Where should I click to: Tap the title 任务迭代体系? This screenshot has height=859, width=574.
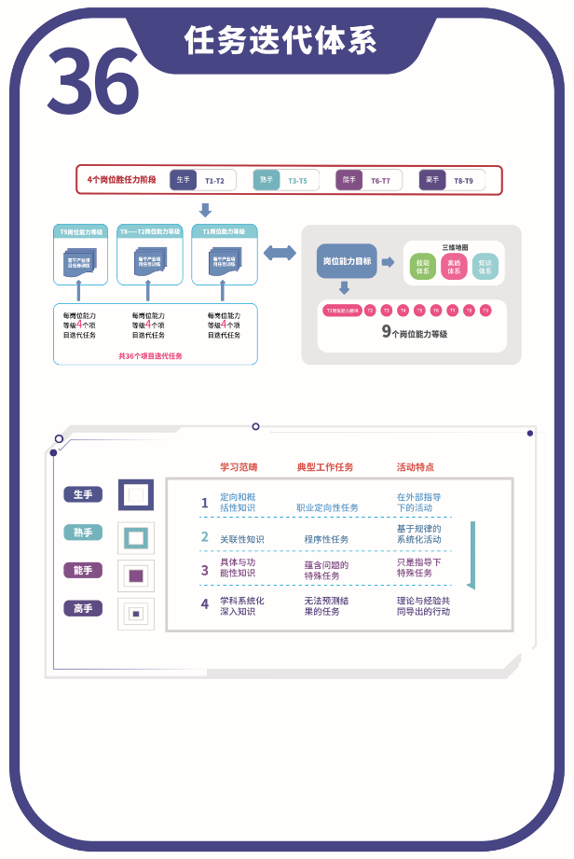coord(280,41)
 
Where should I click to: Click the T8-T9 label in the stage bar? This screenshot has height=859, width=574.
coord(463,180)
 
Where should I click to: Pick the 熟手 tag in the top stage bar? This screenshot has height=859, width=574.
coord(266,180)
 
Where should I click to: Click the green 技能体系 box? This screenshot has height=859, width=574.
coord(423,268)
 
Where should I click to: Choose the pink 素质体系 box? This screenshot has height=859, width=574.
coord(454,268)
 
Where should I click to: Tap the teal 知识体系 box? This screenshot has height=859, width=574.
coord(485,268)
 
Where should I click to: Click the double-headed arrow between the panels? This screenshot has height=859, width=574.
coord(280,252)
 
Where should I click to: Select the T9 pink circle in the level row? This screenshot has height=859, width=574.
coord(485,310)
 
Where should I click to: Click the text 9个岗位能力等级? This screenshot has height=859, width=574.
coord(415,331)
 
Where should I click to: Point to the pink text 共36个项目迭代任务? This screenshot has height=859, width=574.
coord(150,355)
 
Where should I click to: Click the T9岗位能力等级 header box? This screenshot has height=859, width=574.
coord(81,230)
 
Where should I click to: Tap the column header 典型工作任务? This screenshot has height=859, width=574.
coord(325,466)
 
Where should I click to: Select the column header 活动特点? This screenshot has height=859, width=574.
coord(415,466)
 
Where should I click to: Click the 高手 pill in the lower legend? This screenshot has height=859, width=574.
coord(83,608)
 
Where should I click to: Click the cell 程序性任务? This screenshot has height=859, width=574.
coord(326,539)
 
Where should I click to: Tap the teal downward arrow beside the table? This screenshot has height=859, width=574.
coord(471,555)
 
